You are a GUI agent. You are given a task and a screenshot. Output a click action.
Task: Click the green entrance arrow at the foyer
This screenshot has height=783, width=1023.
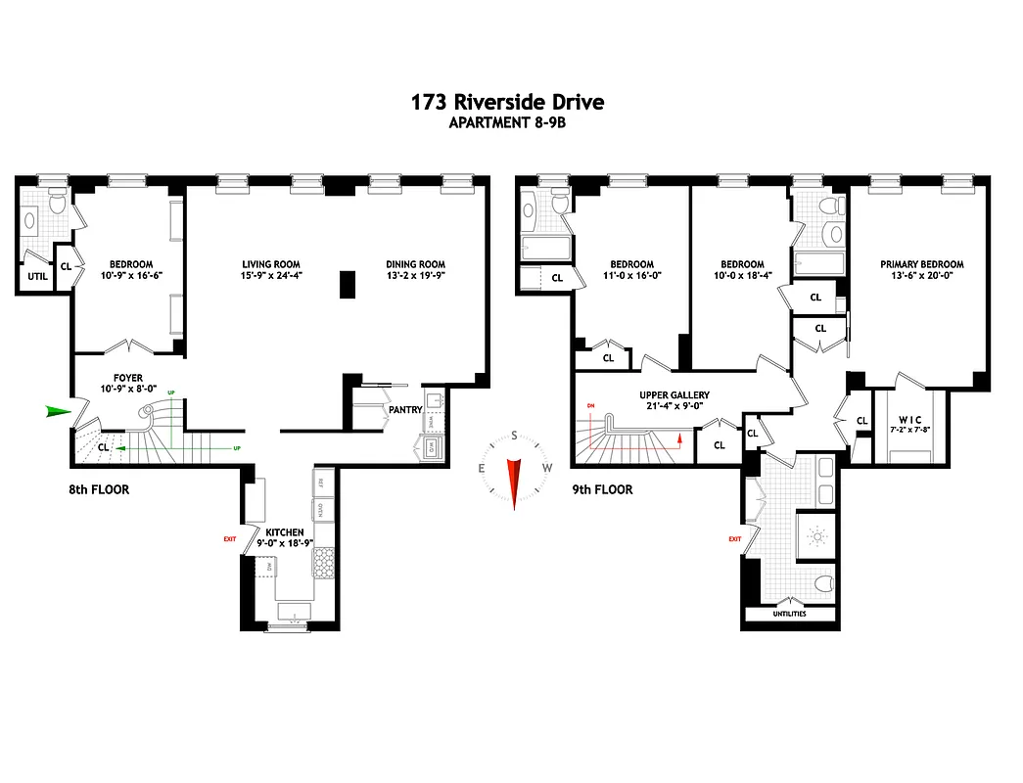click(59, 412)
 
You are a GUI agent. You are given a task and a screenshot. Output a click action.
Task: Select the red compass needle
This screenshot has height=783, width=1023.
click(512, 481)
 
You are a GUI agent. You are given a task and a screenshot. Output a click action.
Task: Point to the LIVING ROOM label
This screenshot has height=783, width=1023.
click(271, 264)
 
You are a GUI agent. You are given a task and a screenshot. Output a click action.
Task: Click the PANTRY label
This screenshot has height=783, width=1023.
click(404, 410)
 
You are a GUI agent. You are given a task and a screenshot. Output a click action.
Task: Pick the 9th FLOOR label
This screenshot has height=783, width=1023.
click(602, 489)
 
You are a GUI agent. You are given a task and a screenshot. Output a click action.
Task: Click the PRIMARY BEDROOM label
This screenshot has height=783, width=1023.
click(921, 264)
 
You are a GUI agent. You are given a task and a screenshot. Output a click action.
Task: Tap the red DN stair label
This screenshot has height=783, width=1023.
click(590, 405)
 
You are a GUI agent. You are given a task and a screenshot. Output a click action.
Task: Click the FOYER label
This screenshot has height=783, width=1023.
click(127, 378)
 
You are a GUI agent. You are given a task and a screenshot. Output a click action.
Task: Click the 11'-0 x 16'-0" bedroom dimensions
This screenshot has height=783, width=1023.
click(631, 276)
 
